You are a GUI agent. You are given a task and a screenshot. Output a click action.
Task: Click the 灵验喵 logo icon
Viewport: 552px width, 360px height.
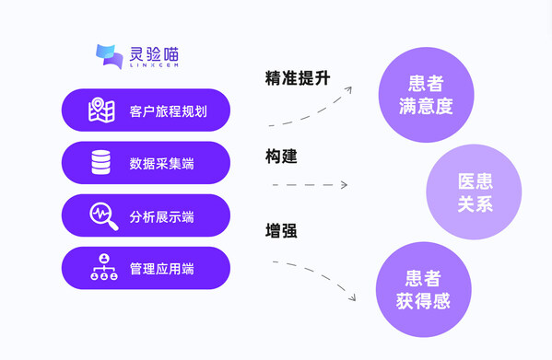click(x=110, y=57)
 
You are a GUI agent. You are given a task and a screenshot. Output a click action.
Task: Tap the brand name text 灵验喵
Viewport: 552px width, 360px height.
click(x=152, y=52)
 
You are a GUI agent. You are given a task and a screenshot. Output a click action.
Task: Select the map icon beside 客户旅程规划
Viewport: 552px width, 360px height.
click(x=101, y=110)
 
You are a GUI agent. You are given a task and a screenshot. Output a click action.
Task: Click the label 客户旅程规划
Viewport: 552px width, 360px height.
click(x=168, y=111)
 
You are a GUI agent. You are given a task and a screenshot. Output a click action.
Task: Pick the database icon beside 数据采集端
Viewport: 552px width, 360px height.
click(x=101, y=163)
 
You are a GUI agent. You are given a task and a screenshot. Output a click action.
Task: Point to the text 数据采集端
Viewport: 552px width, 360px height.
click(x=161, y=164)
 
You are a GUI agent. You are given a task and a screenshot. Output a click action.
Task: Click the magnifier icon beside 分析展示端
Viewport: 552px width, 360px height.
click(x=103, y=216)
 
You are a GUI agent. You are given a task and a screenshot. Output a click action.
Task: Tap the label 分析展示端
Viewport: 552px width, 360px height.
click(x=161, y=217)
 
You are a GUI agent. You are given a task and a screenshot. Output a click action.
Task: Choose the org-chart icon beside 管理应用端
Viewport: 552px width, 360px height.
click(x=103, y=268)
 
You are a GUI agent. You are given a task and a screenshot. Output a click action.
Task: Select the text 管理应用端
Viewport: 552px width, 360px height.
click(x=161, y=269)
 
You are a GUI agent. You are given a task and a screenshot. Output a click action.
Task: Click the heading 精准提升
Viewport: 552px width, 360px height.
click(x=297, y=78)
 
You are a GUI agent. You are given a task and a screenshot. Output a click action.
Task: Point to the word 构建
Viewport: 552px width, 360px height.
click(x=281, y=157)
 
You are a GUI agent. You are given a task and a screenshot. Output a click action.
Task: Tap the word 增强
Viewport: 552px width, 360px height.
click(x=281, y=230)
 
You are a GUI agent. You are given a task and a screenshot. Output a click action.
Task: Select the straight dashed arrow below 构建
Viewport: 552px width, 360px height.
click(x=310, y=185)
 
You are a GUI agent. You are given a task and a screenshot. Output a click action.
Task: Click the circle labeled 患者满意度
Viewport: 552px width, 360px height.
click(x=426, y=95)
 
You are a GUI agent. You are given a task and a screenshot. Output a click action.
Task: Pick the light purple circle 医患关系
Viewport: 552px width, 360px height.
click(x=475, y=192)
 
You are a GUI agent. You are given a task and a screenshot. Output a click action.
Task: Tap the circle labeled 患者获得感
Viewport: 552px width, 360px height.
click(x=423, y=289)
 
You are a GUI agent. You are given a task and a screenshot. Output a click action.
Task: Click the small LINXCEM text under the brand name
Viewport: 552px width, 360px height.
click(x=152, y=66)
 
